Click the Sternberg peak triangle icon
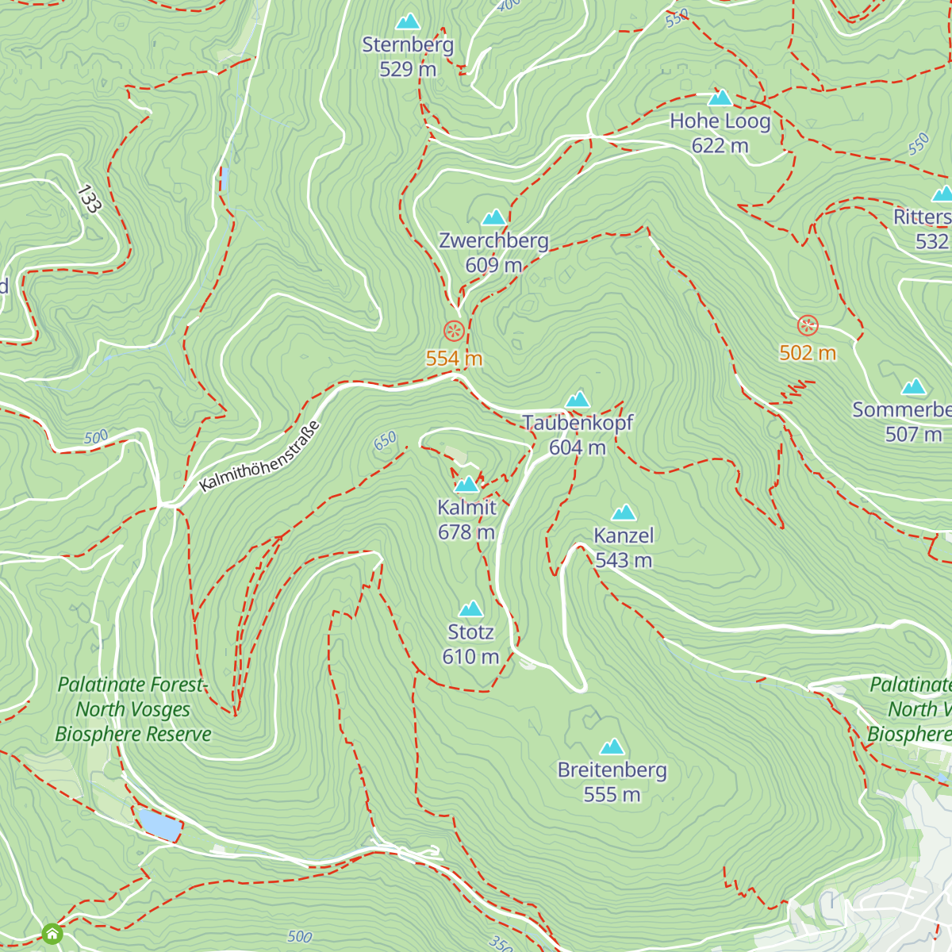[408, 21]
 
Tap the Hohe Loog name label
[720, 121]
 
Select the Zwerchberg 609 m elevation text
[493, 265]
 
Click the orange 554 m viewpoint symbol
[453, 330]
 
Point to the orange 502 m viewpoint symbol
[808, 325]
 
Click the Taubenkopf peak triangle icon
[578, 399]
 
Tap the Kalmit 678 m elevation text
[466, 532]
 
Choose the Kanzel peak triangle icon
[624, 512]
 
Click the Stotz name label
[470, 632]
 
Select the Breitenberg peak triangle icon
[612, 747]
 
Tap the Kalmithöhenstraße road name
[260, 457]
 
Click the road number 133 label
[89, 199]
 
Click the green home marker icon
[52, 933]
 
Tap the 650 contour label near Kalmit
[385, 442]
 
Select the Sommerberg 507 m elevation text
[913, 435]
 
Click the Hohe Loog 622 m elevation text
[720, 146]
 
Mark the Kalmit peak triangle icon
[466, 484]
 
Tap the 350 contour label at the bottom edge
[500, 943]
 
